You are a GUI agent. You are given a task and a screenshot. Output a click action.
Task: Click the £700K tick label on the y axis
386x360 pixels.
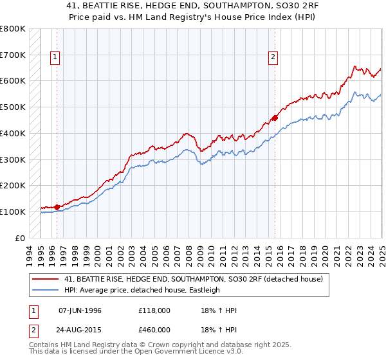click(x=13, y=55)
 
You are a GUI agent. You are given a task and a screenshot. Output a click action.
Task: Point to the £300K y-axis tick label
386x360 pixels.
click(x=13, y=159)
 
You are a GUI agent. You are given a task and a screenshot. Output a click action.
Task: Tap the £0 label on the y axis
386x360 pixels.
click(x=21, y=238)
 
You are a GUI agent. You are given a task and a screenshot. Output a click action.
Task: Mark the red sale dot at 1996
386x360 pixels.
click(x=57, y=207)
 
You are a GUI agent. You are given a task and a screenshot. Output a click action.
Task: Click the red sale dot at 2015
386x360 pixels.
click(x=275, y=118)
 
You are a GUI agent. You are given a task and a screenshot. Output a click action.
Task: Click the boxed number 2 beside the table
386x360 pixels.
click(x=33, y=330)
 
